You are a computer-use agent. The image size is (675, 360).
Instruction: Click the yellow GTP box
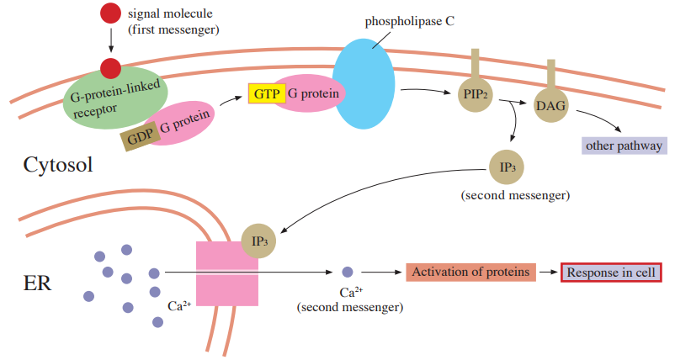point(267,93)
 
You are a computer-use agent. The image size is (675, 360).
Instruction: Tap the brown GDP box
point(141,136)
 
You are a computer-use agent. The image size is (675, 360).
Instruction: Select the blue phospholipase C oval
point(364,84)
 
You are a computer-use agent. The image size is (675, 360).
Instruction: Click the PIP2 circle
point(476,94)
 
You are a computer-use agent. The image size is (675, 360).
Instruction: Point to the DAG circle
point(550,105)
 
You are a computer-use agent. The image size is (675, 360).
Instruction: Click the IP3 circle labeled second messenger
point(507,167)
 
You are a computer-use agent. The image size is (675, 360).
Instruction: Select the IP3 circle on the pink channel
point(258,241)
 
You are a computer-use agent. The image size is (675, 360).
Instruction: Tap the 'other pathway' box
point(625,146)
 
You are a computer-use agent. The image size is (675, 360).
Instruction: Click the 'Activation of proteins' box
point(471,273)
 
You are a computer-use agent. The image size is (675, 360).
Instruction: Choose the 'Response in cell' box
point(611,273)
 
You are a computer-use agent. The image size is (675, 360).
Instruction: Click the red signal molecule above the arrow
point(110,13)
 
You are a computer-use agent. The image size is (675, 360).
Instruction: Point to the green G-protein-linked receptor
point(115,98)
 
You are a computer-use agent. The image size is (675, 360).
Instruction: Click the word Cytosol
point(58,165)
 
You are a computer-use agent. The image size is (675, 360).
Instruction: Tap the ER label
point(37,283)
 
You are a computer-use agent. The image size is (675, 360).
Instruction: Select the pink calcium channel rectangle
point(227,273)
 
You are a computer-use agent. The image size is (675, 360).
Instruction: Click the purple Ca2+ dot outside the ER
point(348,272)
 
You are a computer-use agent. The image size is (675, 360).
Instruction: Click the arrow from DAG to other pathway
point(598,119)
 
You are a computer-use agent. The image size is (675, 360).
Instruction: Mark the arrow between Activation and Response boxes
point(549,273)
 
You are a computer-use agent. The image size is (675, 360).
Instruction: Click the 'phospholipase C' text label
point(409,22)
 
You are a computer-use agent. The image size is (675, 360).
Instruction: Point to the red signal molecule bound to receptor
point(110,68)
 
